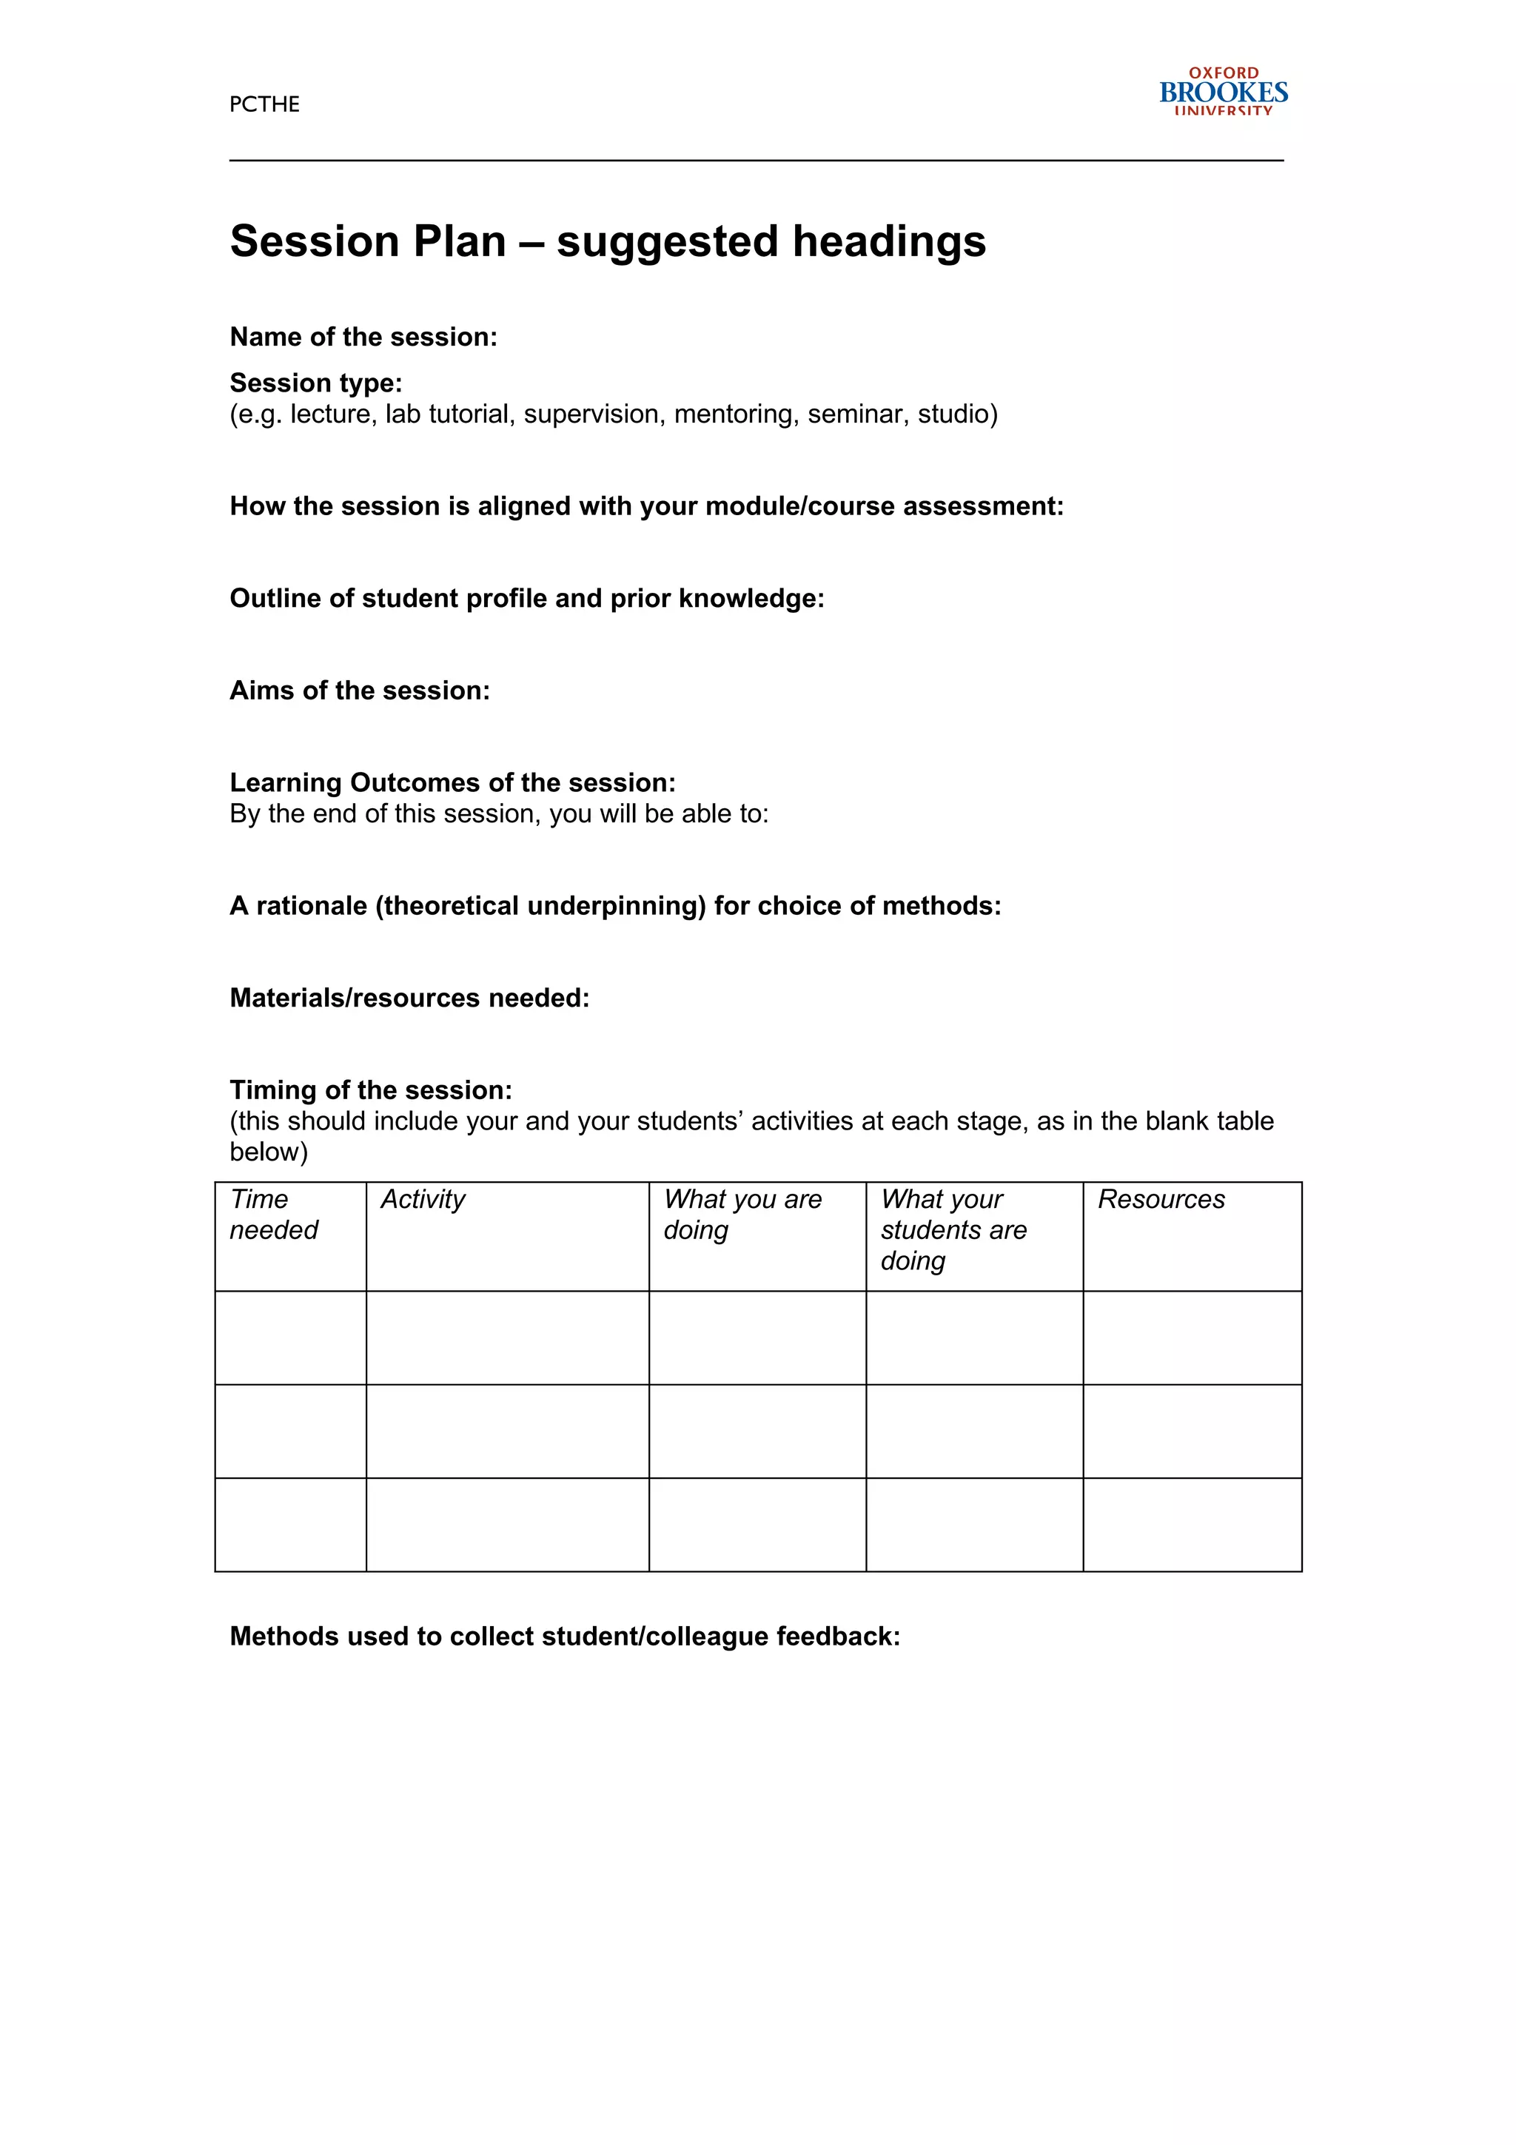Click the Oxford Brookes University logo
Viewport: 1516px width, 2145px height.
tap(1223, 92)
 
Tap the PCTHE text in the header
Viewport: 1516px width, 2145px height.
tap(264, 104)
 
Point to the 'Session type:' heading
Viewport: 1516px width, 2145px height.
tap(316, 383)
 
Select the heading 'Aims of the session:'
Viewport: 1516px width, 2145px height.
tap(360, 691)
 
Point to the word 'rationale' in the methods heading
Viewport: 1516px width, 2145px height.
tap(311, 905)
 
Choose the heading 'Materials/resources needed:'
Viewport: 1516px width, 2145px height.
tap(409, 998)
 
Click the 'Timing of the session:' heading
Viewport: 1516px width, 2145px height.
tap(371, 1090)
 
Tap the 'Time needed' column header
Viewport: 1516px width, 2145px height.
tap(274, 1215)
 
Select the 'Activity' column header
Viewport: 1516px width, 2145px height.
tap(422, 1200)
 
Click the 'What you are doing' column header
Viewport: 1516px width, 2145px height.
tap(742, 1215)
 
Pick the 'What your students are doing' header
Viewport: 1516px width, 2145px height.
tap(953, 1229)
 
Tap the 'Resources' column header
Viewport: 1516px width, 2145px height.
tap(1161, 1200)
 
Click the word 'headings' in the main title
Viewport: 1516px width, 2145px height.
tap(889, 241)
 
